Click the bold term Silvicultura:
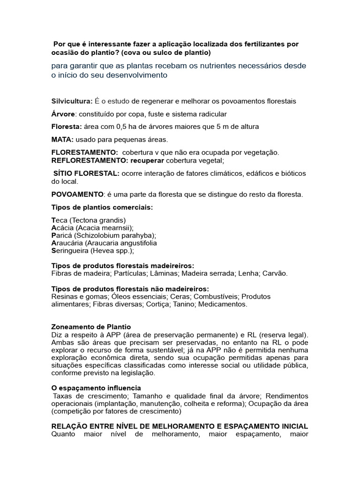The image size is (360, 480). click(x=72, y=101)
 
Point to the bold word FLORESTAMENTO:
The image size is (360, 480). click(x=85, y=152)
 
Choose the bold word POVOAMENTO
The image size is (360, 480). click(x=77, y=194)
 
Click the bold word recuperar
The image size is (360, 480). click(x=141, y=160)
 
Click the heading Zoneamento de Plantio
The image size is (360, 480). click(x=91, y=326)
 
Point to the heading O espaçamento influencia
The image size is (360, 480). click(x=96, y=388)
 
